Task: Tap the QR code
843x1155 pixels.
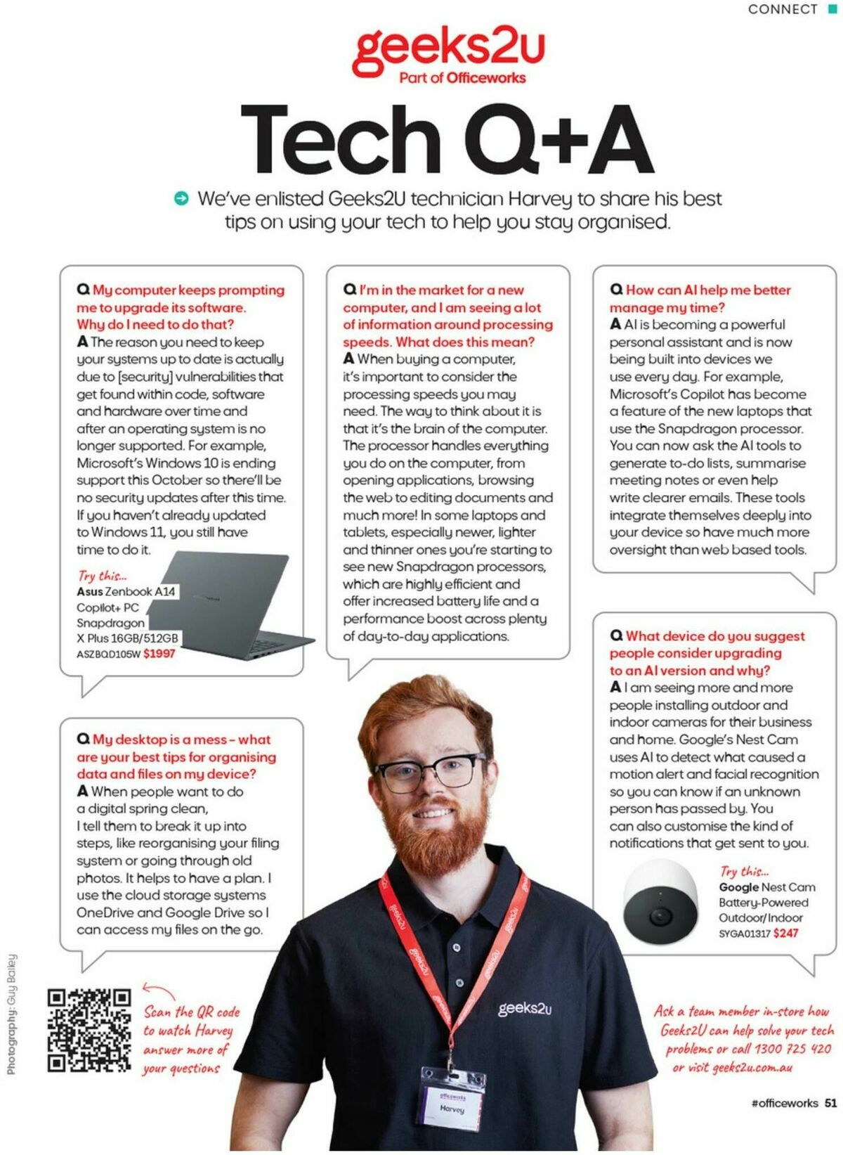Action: [x=89, y=1030]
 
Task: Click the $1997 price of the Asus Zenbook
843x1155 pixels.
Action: [x=159, y=654]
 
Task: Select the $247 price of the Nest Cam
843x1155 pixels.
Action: [x=786, y=934]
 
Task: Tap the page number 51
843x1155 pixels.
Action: [x=830, y=1103]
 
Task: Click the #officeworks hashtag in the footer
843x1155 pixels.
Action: [x=784, y=1103]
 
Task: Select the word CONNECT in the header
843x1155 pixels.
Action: [x=783, y=9]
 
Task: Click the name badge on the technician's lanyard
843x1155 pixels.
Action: [x=452, y=1104]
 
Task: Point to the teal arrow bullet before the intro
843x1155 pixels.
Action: [x=181, y=199]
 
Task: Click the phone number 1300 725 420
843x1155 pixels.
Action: [x=792, y=1049]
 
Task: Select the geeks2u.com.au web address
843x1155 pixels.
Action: [x=752, y=1067]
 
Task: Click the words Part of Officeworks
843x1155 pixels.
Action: [x=462, y=78]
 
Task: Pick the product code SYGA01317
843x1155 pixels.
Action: [x=744, y=934]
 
